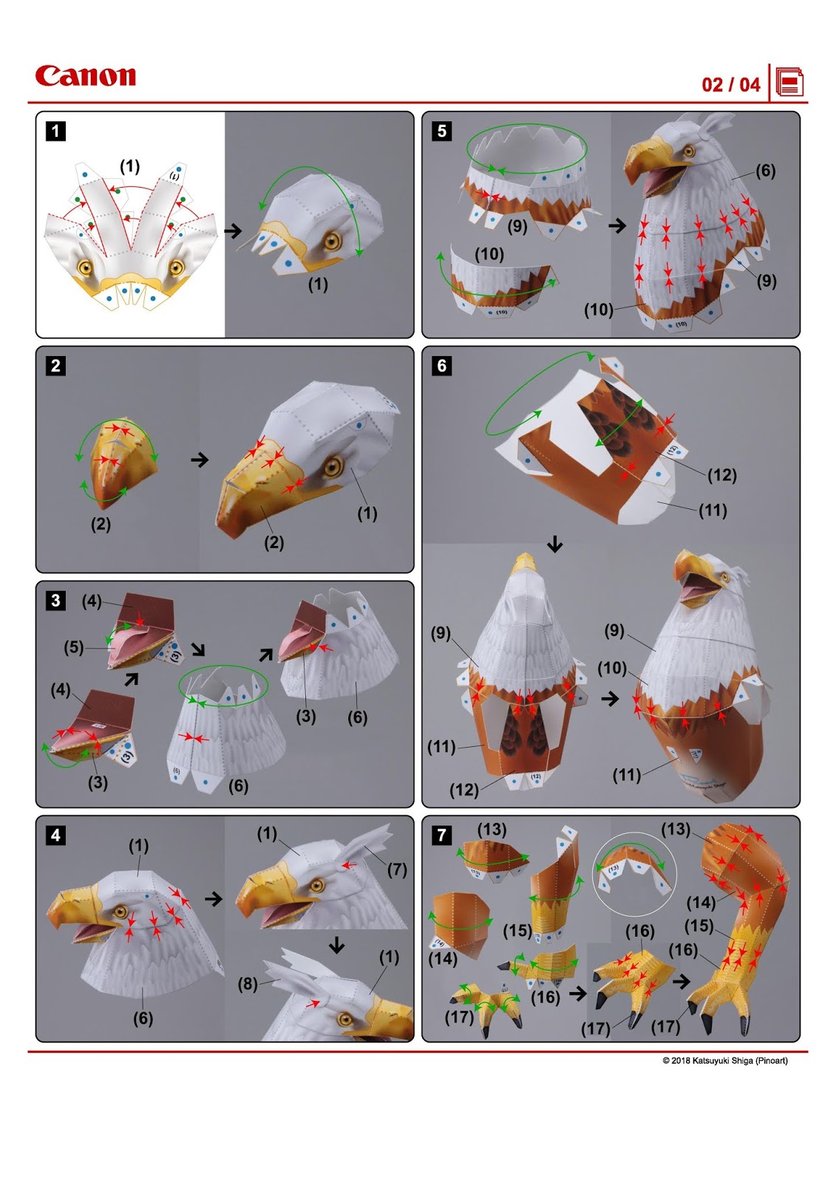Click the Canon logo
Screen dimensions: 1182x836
[x=85, y=75]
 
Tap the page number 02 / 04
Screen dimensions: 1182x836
[x=730, y=84]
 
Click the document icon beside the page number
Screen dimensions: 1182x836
[x=789, y=83]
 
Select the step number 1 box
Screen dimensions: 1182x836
[x=55, y=131]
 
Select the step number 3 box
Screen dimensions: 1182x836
[x=55, y=600]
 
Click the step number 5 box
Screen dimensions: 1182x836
[x=441, y=131]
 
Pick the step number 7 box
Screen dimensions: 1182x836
[x=441, y=835]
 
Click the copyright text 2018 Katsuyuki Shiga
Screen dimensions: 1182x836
[x=724, y=1061]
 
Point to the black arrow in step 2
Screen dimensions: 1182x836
[x=200, y=460]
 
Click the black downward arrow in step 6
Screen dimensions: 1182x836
[x=554, y=545]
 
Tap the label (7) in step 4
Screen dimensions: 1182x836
[x=397, y=870]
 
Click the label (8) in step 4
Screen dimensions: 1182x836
[x=248, y=984]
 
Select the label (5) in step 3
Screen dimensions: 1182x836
[x=73, y=647]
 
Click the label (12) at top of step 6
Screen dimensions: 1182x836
[x=721, y=475]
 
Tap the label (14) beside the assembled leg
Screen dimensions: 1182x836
[x=701, y=902]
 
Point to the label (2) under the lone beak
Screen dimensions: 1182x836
[x=101, y=525]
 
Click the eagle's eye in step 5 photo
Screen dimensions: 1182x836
[x=689, y=151]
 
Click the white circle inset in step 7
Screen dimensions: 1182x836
[x=633, y=869]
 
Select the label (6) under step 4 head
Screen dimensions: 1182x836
[x=143, y=1018]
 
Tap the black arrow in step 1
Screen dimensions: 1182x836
[x=233, y=231]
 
